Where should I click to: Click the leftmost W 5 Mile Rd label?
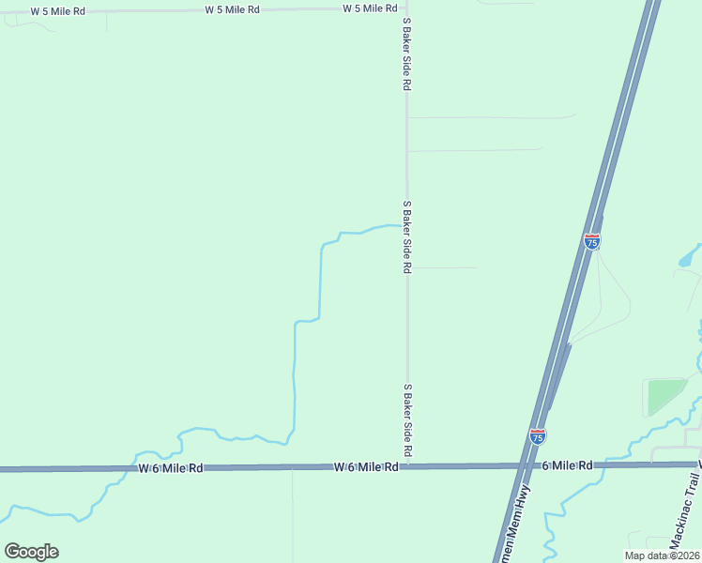(x=57, y=11)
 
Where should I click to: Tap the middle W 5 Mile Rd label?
(x=232, y=9)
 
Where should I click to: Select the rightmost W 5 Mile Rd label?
(x=370, y=8)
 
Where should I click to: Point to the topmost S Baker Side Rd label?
(x=406, y=58)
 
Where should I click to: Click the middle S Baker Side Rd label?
(x=406, y=236)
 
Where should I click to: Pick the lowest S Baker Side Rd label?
(x=407, y=419)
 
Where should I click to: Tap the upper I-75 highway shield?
(x=591, y=241)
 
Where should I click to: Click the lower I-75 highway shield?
(x=537, y=436)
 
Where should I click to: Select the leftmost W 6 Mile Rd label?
(x=170, y=467)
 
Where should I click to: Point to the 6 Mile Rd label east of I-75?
(x=567, y=465)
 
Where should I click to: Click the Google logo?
(x=31, y=551)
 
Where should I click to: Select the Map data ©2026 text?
(x=662, y=555)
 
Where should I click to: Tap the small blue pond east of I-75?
(x=691, y=254)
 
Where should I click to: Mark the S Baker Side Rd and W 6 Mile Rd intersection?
(x=407, y=465)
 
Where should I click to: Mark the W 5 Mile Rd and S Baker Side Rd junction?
(x=406, y=9)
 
